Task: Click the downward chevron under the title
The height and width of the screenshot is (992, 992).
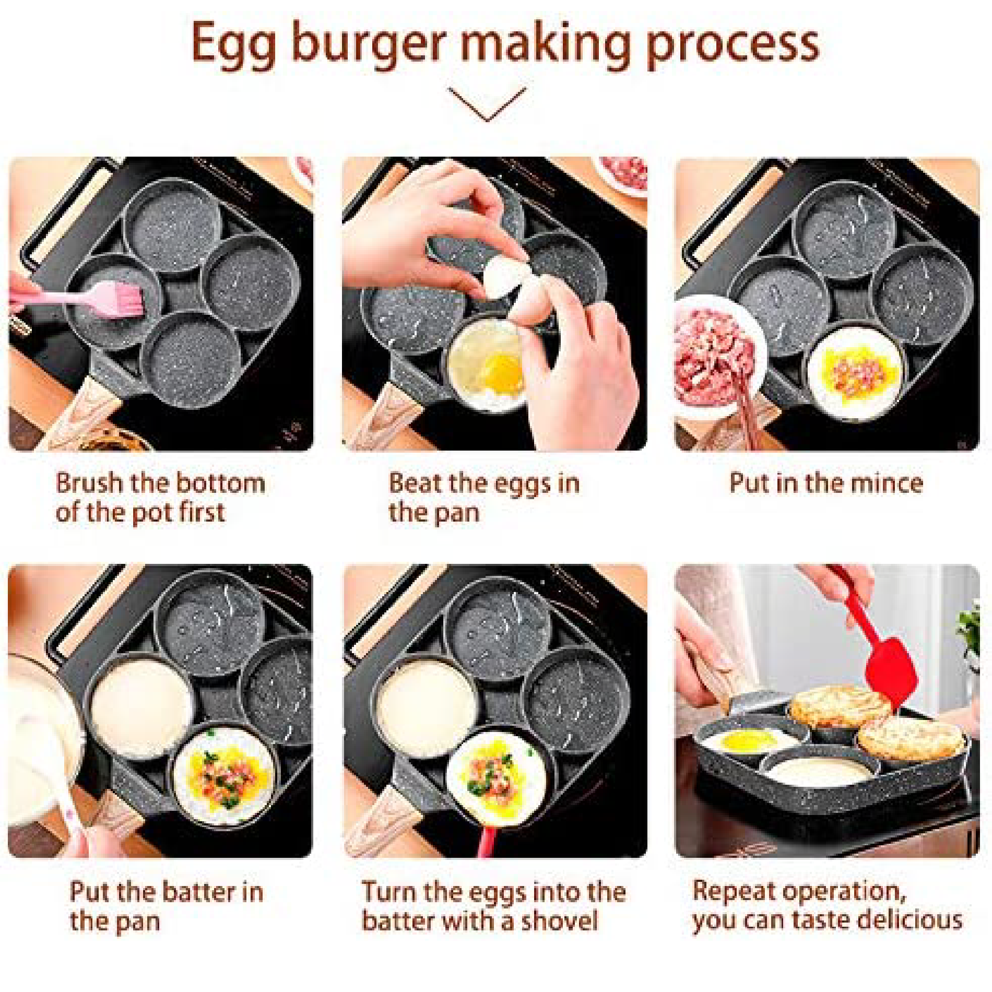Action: click(x=487, y=104)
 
